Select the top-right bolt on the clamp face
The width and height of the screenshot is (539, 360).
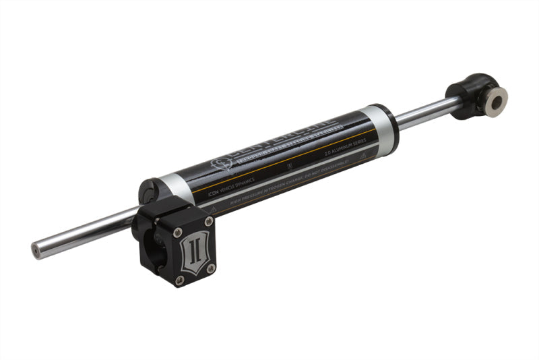coord(208,221)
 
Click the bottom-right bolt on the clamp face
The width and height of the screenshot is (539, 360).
coord(211,268)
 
